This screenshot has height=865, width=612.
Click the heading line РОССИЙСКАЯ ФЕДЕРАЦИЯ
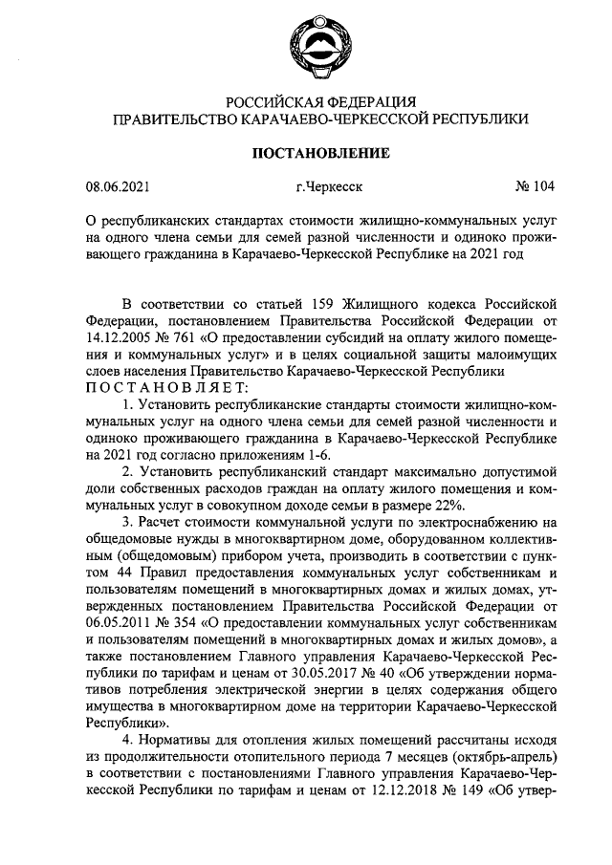(319, 102)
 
